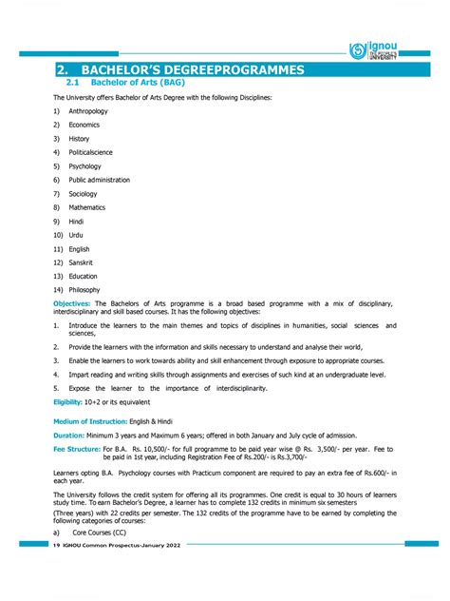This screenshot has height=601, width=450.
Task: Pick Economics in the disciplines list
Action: click(x=84, y=125)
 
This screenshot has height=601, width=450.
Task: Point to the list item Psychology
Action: click(x=84, y=166)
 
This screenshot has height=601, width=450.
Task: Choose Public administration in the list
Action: click(x=99, y=180)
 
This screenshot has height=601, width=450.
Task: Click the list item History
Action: click(x=79, y=139)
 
